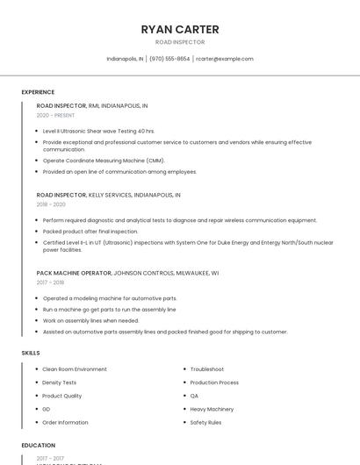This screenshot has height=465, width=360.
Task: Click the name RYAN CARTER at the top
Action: pos(180,29)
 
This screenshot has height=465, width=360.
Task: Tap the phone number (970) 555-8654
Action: pos(169,59)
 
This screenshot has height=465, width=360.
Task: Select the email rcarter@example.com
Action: pos(225,59)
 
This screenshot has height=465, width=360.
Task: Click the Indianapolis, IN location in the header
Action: pos(125,59)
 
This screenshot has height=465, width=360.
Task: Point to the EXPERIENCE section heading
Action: pos(38,92)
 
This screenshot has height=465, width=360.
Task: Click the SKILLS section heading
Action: pos(31,353)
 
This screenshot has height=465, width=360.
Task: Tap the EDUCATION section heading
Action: pos(39,445)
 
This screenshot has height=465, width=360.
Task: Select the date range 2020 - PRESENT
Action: pos(55,115)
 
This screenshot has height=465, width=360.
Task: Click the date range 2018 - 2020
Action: pos(51,204)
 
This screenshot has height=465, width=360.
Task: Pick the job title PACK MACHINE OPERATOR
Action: pos(74,273)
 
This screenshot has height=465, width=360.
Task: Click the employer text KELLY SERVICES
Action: pos(112,195)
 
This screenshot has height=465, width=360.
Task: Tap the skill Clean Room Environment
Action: pos(75,369)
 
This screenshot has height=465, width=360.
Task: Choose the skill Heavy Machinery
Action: pos(212,409)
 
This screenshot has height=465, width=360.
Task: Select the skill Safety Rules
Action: pos(205,422)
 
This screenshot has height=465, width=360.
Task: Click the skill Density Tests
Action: pos(60,383)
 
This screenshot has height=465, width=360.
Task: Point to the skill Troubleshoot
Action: pos(207,369)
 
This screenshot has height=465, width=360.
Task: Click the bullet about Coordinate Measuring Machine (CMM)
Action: pos(104,161)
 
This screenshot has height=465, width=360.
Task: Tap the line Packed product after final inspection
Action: pos(90,231)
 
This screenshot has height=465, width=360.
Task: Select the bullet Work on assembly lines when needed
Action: pos(90,320)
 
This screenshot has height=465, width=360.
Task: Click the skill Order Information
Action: pos(65,422)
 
